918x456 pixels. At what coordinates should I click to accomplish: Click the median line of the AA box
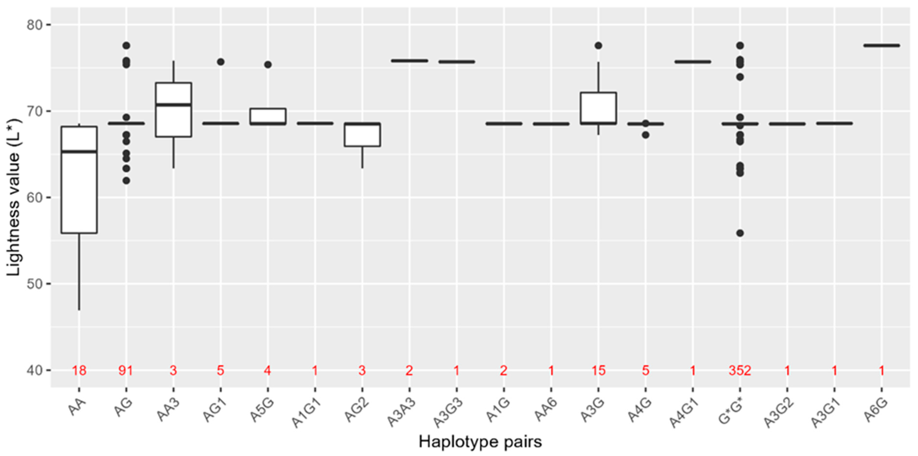79,152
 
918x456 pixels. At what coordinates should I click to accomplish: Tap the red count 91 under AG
126,371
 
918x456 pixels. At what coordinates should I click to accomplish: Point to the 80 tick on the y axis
34,25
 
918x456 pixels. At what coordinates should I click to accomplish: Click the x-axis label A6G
877,410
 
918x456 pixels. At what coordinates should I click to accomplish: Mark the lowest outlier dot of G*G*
740,233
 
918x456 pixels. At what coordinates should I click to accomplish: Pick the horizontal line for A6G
882,46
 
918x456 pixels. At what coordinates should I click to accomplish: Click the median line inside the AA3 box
174,105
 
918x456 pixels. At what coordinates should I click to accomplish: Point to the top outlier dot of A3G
598,46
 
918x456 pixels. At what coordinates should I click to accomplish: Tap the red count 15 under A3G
598,371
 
